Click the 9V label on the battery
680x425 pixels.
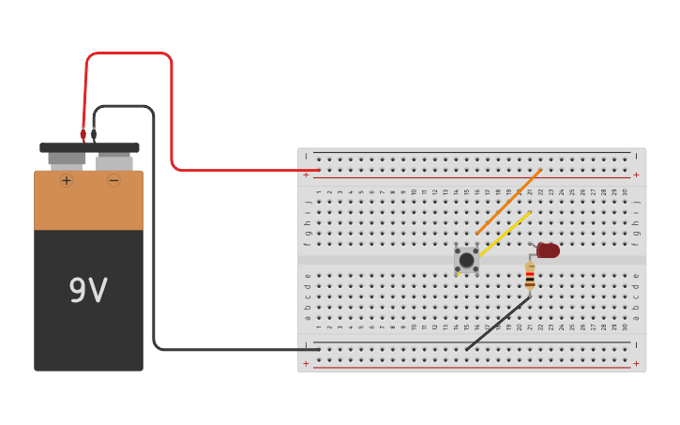coord(88,291)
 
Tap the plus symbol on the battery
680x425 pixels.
coord(67,180)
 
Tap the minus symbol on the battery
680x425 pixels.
coord(113,180)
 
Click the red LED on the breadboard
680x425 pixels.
coord(548,250)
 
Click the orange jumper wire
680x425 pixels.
coord(508,202)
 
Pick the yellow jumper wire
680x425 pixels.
coord(505,234)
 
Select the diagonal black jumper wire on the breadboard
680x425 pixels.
coord(497,324)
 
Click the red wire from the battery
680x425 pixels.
coord(172,113)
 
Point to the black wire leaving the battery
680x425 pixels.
coord(154,235)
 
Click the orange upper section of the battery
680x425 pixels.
coord(89,200)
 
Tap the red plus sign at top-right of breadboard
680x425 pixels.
coord(636,175)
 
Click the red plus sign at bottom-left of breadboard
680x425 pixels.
coord(306,363)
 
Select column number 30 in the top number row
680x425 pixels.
coord(626,191)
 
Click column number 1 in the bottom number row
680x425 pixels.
coord(319,326)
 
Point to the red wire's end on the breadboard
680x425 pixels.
coord(318,170)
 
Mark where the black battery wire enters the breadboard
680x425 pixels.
coord(318,349)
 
